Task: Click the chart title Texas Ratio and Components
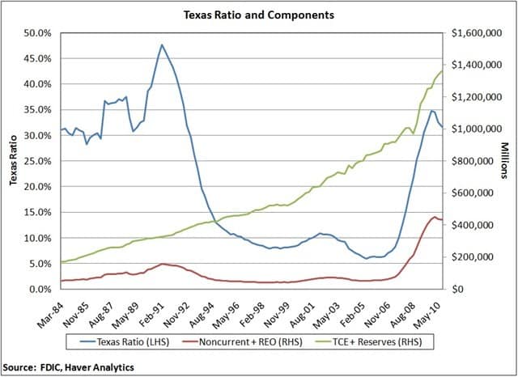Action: (258, 15)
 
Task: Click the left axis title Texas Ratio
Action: (14, 160)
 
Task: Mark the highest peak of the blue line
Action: (162, 44)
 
